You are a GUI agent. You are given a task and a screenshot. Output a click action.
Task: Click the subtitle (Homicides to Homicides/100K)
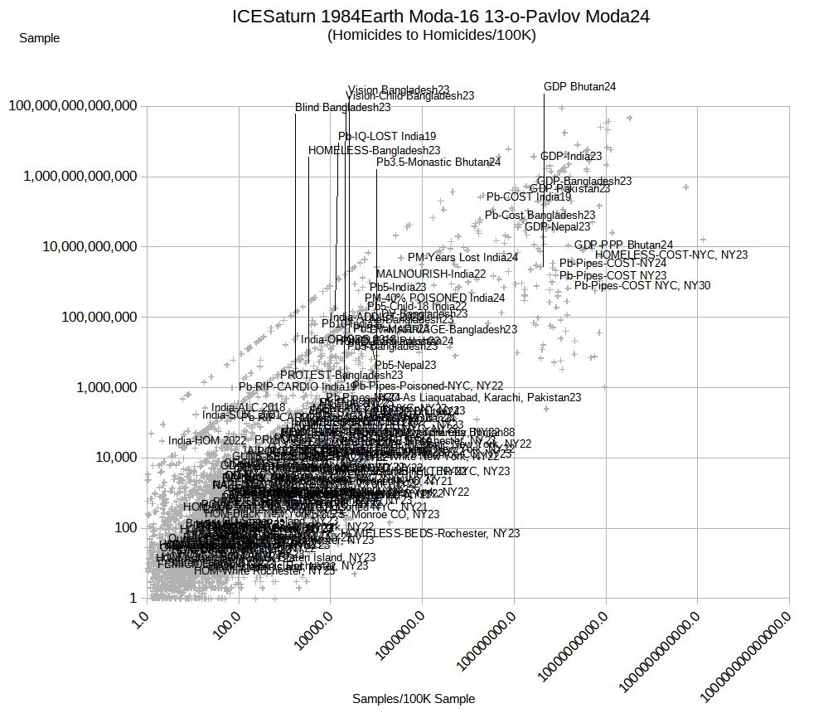pos(431,35)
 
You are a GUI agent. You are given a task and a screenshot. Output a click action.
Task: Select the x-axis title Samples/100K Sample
pos(414,699)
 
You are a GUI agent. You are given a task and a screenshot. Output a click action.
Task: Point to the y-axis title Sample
pos(39,37)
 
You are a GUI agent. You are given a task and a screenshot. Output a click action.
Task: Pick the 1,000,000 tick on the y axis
pos(99,387)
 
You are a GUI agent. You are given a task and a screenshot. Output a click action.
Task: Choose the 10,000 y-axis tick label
pos(110,458)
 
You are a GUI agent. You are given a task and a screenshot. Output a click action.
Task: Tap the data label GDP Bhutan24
pos(579,86)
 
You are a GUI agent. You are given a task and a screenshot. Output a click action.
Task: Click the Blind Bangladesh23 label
pos(342,107)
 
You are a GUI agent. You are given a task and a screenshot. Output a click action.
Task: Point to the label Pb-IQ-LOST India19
pos(387,136)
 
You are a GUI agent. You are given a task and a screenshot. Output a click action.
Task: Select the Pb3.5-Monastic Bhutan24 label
pos(438,162)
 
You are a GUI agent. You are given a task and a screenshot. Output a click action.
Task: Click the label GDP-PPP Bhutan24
pos(623,245)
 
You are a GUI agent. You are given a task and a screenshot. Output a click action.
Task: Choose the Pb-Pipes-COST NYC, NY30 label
pos(642,285)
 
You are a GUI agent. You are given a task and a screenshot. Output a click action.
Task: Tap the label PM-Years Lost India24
pos(462,258)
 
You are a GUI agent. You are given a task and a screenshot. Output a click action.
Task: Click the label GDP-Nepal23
pos(558,226)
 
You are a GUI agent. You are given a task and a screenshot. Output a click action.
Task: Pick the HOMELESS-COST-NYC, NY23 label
pos(671,255)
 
